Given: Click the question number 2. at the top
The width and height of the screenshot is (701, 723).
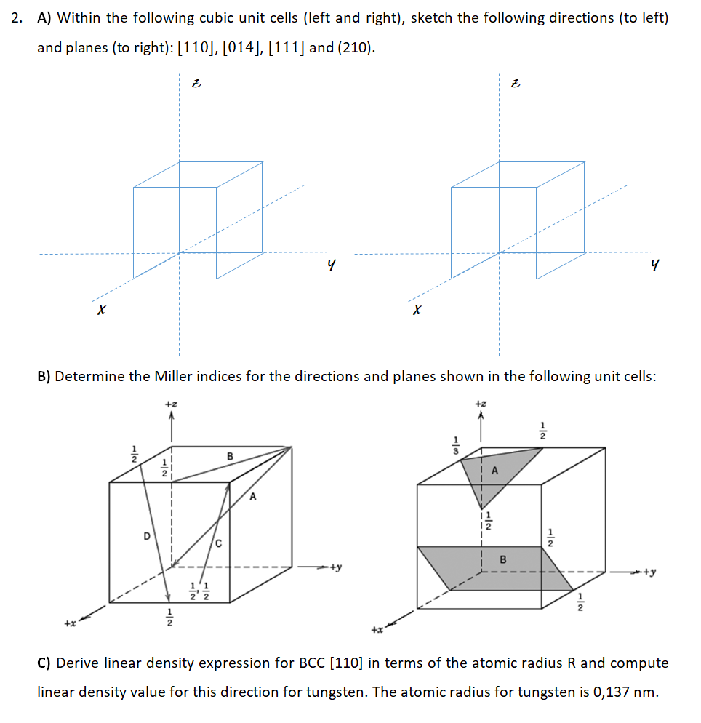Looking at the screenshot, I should pos(17,17).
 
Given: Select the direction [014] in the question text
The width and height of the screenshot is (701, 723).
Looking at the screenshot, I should pos(239,48).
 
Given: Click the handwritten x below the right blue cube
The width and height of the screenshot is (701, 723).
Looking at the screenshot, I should pos(416,311).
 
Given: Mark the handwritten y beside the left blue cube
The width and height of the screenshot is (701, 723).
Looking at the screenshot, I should pos(332,268).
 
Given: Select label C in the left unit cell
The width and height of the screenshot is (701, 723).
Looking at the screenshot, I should pos(218,543).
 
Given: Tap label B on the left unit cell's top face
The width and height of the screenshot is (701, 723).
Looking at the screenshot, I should pos(230,456).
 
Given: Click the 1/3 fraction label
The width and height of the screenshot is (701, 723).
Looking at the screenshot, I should pos(456,445).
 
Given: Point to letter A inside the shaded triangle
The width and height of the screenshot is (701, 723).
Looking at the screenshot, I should pos(496,471).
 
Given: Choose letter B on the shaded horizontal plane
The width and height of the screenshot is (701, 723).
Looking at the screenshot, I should pos(502,559).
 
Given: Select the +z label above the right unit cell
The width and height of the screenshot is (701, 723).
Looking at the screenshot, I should pos(479,402).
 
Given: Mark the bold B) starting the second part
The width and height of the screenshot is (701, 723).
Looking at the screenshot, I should pos(44,376).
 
